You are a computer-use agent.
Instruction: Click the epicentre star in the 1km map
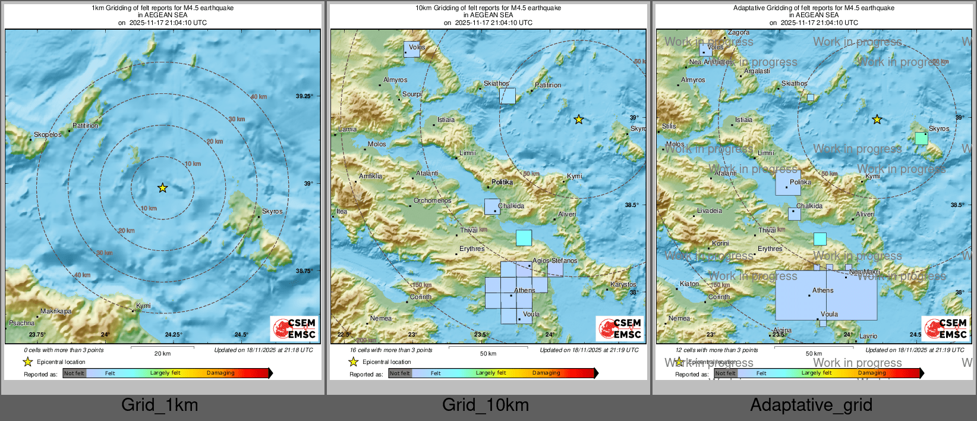pyautogui.click(x=162, y=188)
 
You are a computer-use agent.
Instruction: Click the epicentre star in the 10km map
pyautogui.click(x=578, y=120)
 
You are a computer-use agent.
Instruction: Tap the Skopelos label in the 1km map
pyautogui.click(x=48, y=134)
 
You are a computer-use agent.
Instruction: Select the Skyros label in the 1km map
pyautogui.click(x=272, y=211)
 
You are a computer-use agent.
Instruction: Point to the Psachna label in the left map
pyautogui.click(x=21, y=323)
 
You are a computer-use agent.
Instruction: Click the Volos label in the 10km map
pyautogui.click(x=417, y=47)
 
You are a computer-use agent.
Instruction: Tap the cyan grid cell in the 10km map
pyautogui.click(x=524, y=238)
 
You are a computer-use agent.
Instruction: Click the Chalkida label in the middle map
pyautogui.click(x=511, y=206)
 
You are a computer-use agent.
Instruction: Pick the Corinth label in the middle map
pyautogui.click(x=421, y=297)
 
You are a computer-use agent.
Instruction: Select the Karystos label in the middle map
pyautogui.click(x=623, y=284)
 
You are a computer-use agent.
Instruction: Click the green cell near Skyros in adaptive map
pyautogui.click(x=921, y=139)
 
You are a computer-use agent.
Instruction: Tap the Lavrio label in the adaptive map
pyautogui.click(x=868, y=336)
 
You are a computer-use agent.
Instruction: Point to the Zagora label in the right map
pyautogui.click(x=739, y=33)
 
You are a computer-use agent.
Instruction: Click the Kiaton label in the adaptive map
pyautogui.click(x=689, y=284)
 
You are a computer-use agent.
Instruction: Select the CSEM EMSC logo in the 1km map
pyautogui.click(x=295, y=328)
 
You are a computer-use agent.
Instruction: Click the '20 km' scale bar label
pyautogui.click(x=162, y=353)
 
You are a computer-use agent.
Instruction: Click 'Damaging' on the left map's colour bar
pyautogui.click(x=220, y=373)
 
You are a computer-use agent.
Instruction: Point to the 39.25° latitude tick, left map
pyautogui.click(x=304, y=96)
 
